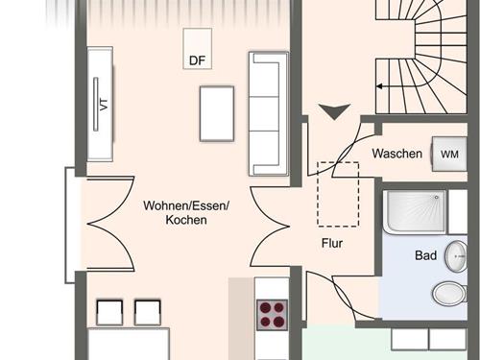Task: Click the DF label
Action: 197,60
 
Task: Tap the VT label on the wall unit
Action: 104,105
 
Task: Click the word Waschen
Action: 397,154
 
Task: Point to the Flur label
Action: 332,243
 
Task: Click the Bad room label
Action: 425,255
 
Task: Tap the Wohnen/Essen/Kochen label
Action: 186,212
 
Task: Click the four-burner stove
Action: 273,315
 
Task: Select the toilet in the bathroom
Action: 449,293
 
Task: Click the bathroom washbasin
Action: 457,256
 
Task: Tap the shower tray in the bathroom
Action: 415,211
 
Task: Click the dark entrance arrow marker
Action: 335,111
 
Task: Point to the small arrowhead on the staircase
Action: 379,86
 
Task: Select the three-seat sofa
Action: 269,113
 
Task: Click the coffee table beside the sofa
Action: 217,113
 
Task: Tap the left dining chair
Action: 109,312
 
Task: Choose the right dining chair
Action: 148,312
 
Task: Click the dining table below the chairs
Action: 129,344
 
